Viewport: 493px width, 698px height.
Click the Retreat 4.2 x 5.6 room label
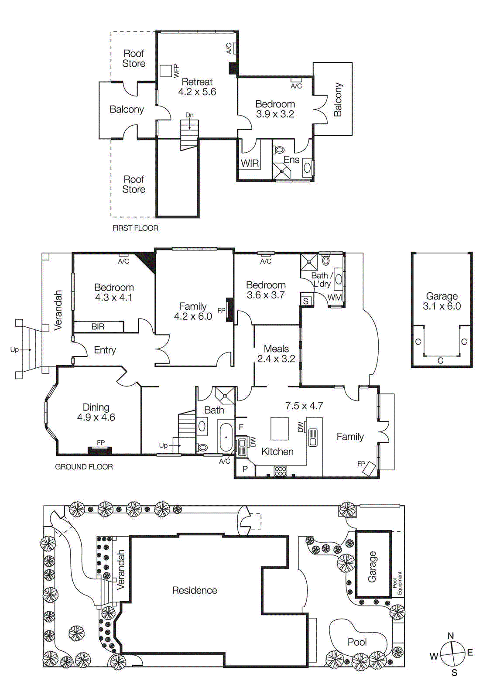197,87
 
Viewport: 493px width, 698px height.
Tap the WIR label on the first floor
250,164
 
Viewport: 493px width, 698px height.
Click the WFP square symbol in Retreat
165,71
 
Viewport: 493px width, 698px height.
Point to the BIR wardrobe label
98,326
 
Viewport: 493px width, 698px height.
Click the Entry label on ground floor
105,350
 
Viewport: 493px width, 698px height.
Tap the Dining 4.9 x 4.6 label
96,412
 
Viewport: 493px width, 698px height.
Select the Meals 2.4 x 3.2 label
276,354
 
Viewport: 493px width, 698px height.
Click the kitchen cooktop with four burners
280,471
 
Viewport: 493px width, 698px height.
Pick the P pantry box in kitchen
245,469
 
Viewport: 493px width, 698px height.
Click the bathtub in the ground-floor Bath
226,438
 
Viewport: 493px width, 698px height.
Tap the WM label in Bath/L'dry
335,298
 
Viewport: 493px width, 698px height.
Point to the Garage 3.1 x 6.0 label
442,301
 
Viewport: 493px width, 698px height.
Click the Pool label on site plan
357,642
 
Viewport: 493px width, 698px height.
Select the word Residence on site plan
195,590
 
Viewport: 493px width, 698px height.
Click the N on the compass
451,636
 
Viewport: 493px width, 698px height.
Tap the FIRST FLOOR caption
135,228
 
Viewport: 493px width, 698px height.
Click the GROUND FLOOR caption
84,467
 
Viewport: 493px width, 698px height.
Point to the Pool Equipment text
397,583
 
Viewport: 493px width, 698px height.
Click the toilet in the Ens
279,150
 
